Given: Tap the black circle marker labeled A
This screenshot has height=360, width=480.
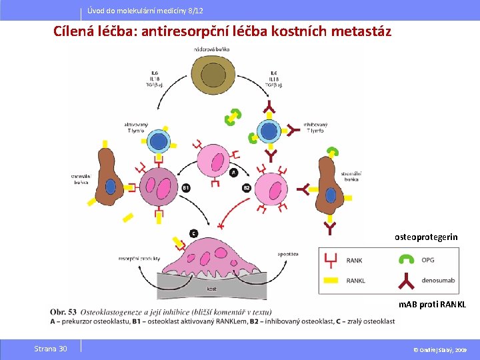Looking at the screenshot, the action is (233, 173).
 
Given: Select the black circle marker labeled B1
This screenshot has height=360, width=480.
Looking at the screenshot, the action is (187, 189).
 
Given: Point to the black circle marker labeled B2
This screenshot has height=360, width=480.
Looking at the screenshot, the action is (246, 189).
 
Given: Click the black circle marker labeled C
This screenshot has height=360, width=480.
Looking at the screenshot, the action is (193, 233).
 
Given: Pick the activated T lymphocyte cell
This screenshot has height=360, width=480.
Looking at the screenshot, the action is (159, 141).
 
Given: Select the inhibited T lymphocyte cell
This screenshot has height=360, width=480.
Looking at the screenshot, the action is (269, 131).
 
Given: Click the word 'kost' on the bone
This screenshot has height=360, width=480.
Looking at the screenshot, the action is (211, 289).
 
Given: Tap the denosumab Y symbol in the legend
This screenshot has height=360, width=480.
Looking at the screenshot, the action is (406, 281).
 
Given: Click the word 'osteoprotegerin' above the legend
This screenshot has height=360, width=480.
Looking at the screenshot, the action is (426, 237).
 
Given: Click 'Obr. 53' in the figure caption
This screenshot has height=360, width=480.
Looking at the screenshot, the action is (63, 311).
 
